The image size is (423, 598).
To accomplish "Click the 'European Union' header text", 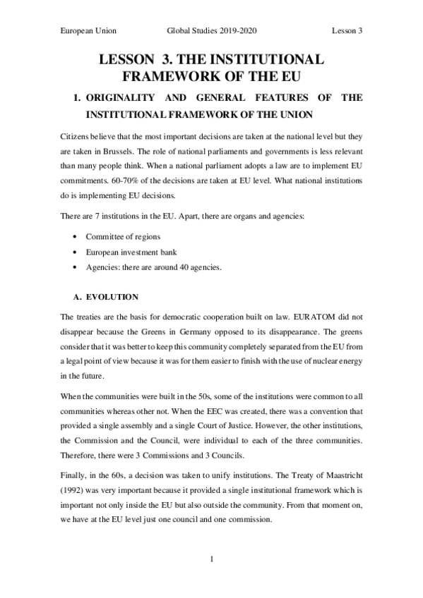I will point(89,31).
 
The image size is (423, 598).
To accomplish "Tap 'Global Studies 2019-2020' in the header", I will point(212,31).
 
